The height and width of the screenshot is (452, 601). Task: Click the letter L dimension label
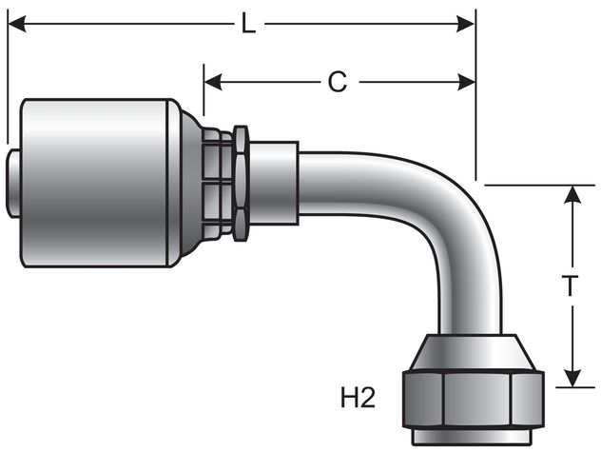(x=247, y=25)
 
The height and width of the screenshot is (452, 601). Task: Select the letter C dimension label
(x=338, y=83)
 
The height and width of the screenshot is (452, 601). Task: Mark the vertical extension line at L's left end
(x=8, y=86)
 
